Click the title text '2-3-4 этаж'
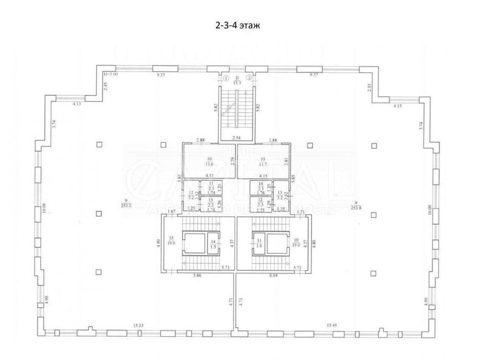pyautogui.click(x=240, y=25)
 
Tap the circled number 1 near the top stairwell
pyautogui.click(x=225, y=78)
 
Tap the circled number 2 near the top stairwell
pyautogui.click(x=249, y=78)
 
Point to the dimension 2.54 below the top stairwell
pyautogui.click(x=237, y=138)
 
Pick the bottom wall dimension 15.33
pyautogui.click(x=137, y=324)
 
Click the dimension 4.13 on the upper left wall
pyautogui.click(x=77, y=104)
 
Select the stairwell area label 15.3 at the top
pyautogui.click(x=237, y=81)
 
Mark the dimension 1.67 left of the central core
pyautogui.click(x=173, y=212)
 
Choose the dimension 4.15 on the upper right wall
pyautogui.click(x=397, y=106)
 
